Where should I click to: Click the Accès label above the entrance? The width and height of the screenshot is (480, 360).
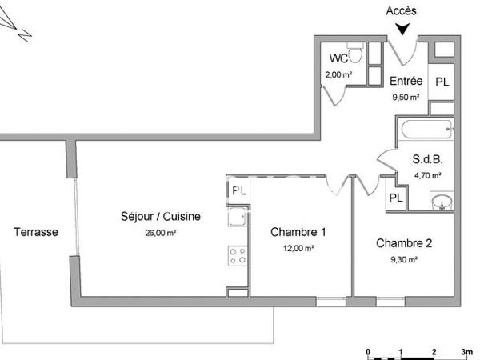pyautogui.click(x=401, y=10)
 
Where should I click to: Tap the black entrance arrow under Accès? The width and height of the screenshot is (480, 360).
pyautogui.click(x=402, y=29)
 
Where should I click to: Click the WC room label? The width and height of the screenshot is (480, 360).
pyautogui.click(x=338, y=58)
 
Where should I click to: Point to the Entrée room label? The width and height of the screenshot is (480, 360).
pyautogui.click(x=406, y=82)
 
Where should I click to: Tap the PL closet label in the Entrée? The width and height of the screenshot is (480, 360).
pyautogui.click(x=442, y=82)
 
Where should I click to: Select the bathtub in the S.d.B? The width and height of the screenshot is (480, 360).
pyautogui.click(x=425, y=128)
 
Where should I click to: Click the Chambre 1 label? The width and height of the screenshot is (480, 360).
pyautogui.click(x=298, y=233)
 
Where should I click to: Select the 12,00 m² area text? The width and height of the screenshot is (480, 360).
pyautogui.click(x=298, y=248)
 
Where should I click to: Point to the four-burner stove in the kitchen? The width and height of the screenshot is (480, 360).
pyautogui.click(x=238, y=255)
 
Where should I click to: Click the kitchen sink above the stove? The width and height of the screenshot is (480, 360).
pyautogui.click(x=236, y=217)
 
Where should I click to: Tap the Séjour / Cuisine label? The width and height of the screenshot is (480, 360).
pyautogui.click(x=160, y=217)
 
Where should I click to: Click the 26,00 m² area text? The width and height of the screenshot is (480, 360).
pyautogui.click(x=160, y=233)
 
